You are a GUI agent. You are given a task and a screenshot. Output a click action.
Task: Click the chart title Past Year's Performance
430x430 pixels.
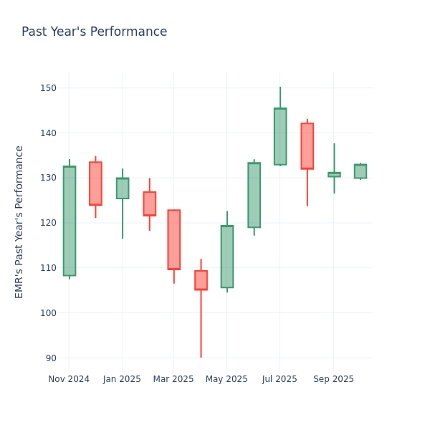94,32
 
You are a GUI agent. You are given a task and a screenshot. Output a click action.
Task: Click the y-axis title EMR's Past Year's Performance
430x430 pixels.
19,221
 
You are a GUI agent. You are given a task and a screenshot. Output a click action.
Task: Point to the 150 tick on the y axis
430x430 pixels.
48,88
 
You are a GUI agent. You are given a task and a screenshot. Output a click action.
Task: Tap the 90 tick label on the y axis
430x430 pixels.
51,358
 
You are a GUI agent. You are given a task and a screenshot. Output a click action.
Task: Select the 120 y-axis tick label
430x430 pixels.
48,223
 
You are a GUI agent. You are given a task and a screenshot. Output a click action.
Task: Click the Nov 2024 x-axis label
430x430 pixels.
69,379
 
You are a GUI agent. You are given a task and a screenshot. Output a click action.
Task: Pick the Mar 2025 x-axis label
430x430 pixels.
173,379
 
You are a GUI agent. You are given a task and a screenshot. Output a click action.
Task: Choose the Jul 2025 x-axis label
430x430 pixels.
279,379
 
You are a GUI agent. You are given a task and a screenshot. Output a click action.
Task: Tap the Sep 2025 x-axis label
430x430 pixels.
333,379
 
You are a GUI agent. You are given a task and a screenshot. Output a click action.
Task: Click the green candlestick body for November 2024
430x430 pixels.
69,221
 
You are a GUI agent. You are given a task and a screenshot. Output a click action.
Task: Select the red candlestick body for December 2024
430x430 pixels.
95,183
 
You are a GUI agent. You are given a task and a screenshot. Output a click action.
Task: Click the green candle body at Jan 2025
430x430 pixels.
123,188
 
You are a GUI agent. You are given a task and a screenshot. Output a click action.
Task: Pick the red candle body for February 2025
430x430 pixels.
149,204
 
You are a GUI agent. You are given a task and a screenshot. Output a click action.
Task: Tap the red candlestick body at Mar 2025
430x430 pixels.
173,239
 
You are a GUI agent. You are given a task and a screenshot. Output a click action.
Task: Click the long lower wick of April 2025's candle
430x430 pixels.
201,326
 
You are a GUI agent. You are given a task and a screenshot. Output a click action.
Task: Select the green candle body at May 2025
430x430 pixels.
227,257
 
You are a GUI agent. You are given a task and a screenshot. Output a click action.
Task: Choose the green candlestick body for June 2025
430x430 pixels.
254,195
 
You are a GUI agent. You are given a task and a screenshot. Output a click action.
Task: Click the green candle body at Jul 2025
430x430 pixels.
280,136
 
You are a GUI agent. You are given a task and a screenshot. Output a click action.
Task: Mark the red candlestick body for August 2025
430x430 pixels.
307,145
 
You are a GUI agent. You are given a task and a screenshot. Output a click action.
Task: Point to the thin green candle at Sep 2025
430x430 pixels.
334,174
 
